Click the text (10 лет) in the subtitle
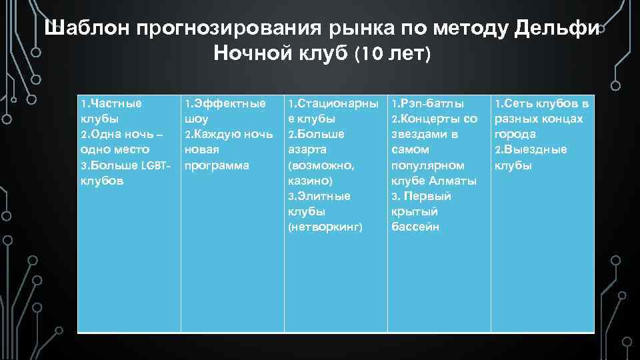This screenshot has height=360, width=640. (x=393, y=54)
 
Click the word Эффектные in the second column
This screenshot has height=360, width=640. (x=229, y=103)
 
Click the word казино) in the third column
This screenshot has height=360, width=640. (x=309, y=180)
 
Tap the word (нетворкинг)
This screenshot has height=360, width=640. (x=325, y=227)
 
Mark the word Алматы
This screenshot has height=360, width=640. (x=453, y=180)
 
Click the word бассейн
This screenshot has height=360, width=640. (x=415, y=227)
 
